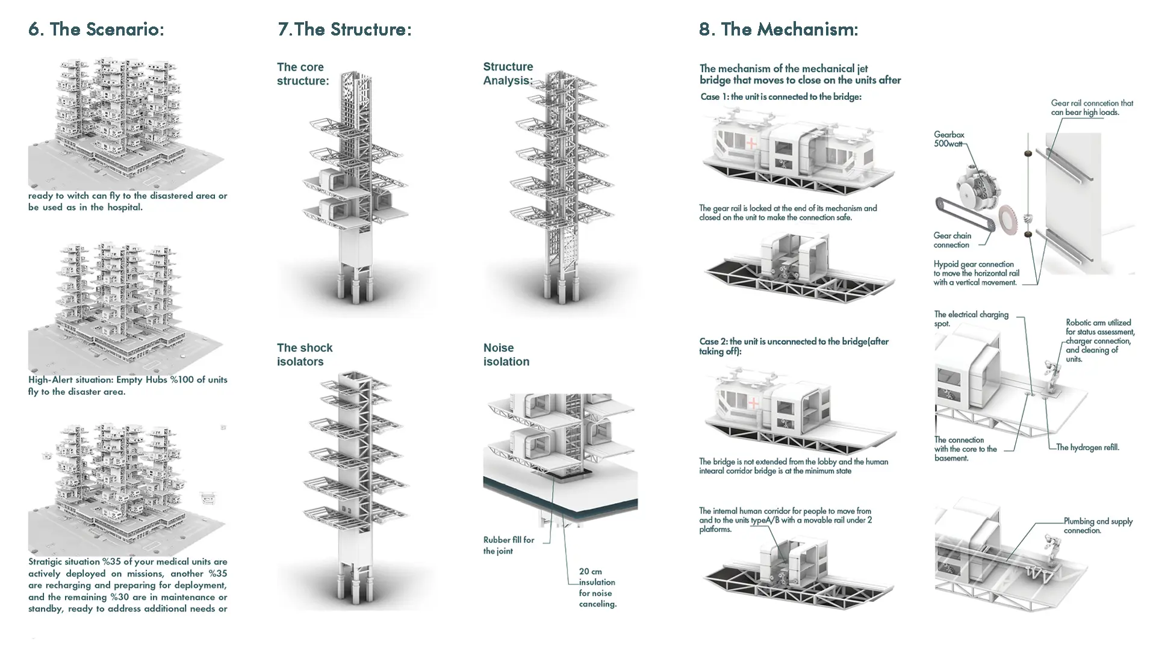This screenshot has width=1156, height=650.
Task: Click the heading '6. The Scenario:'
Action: [x=96, y=29]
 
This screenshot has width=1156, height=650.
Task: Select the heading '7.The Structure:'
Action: [x=344, y=29]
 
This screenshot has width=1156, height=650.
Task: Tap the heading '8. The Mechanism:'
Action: [x=778, y=29]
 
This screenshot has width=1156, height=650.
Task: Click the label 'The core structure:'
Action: [x=303, y=74]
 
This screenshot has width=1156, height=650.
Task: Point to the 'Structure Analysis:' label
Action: [x=508, y=73]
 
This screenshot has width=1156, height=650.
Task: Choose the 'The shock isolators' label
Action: [x=305, y=354]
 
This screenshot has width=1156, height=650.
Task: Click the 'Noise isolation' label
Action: [x=506, y=354]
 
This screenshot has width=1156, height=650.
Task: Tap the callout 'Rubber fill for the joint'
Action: [x=508, y=545]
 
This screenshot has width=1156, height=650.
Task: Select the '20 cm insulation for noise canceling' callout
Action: [x=597, y=587]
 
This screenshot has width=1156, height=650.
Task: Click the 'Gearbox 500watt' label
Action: [x=949, y=139]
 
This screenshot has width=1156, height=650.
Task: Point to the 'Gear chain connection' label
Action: [x=952, y=240]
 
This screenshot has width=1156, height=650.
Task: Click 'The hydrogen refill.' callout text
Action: [x=1087, y=447]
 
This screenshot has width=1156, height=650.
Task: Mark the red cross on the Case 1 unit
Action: [x=751, y=144]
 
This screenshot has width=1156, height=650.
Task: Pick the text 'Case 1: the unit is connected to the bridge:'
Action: [x=781, y=97]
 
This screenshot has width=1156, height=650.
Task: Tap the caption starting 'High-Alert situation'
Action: [x=128, y=385]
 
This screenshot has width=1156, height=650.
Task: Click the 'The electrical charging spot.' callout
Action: [x=971, y=319]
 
